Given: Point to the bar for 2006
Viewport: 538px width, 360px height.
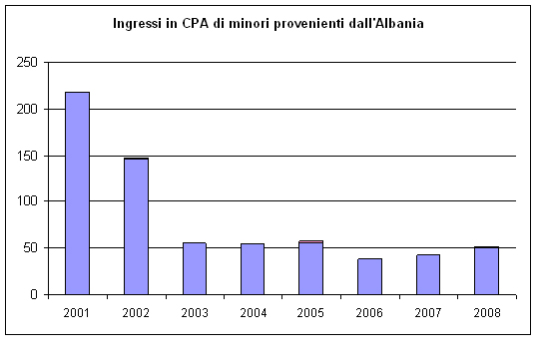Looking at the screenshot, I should tap(369, 276).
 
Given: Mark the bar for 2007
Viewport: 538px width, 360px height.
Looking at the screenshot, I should tap(427, 274).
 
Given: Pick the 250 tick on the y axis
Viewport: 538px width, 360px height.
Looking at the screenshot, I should tap(28, 62).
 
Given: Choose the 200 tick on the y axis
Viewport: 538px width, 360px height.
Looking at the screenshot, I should tap(28, 109).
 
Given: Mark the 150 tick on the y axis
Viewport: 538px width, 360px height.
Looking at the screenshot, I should tap(28, 156).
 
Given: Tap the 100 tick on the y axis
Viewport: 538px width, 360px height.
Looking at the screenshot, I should tap(28, 201).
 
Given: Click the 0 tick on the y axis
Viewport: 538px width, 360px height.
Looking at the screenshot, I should tap(35, 294).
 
